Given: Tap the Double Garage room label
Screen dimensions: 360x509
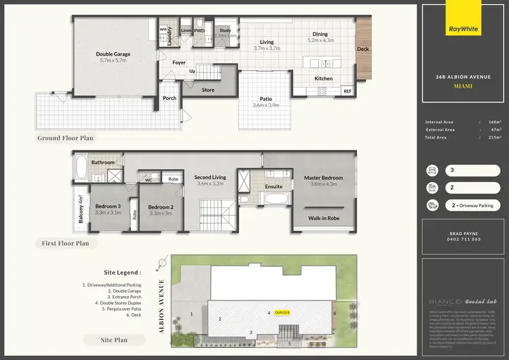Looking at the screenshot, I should pos(113,54).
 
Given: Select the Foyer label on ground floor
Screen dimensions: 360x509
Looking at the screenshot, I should pos(178,62).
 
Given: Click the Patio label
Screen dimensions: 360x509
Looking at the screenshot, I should pos(265,100).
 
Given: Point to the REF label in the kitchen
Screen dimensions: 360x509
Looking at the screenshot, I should pos(347,90).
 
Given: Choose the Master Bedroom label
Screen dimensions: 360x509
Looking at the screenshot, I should pos(323,178).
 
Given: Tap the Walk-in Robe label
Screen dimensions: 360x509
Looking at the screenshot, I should pos(324,218).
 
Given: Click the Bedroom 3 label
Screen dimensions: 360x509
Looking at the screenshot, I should pos(107,206).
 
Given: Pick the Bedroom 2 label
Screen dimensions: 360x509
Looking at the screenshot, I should pos(160,207).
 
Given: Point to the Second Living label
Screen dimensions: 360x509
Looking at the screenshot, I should pos(210,177).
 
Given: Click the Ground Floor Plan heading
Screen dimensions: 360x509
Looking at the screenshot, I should pos(66,138).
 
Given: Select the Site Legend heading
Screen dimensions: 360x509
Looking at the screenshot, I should pos(123,272).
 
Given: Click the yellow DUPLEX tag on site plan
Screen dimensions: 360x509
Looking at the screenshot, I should pos(283,312).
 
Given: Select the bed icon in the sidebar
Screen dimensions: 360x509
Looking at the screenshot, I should pos(432,170).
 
